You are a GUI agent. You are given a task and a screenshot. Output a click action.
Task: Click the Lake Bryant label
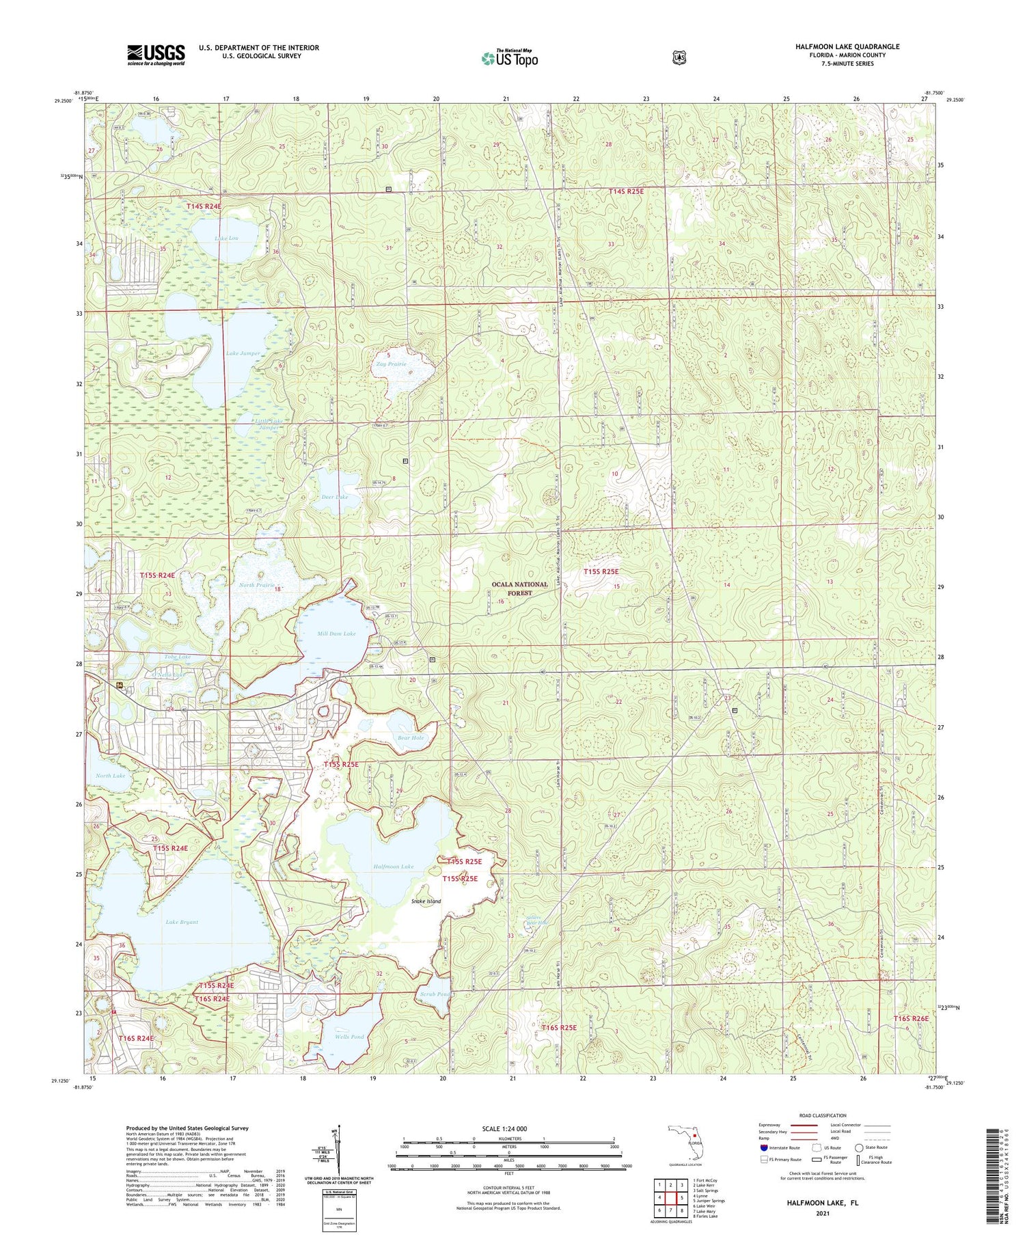pos(182,922)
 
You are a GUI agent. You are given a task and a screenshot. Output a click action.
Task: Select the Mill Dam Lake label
pos(336,634)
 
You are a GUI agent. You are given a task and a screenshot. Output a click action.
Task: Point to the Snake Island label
pos(426,901)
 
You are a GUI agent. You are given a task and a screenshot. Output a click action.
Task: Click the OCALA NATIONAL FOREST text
pos(520,588)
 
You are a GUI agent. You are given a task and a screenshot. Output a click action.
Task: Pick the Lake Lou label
pos(226,239)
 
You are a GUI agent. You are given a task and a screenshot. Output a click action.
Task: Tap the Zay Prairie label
pos(391,364)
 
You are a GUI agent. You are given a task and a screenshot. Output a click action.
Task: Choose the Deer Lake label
pos(335,497)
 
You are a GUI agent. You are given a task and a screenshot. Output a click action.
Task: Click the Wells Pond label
pos(349,1037)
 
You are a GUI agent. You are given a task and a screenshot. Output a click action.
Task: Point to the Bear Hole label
pos(411,737)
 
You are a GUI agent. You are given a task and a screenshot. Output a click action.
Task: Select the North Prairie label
pos(257,585)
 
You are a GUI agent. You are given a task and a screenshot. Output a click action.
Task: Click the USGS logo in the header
pos(156,55)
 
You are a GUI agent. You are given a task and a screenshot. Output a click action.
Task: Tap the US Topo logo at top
pos(510,58)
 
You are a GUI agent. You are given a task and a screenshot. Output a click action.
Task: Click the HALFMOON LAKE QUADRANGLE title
pos(847,46)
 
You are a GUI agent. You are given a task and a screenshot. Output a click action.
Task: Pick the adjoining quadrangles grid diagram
pos(669,1200)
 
